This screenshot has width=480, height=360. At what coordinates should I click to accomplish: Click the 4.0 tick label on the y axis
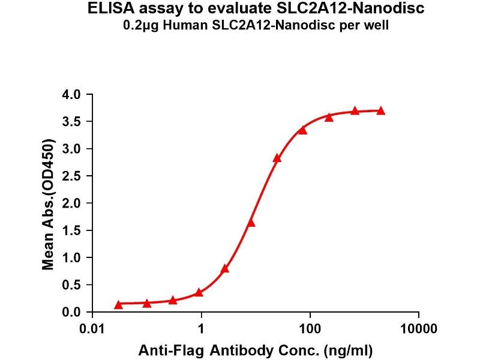[x=71, y=95]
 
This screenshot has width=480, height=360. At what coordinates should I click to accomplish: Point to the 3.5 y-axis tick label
[x=71, y=122]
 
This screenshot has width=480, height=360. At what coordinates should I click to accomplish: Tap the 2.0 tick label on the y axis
[x=71, y=203]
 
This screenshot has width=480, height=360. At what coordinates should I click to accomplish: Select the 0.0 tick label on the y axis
[x=71, y=312]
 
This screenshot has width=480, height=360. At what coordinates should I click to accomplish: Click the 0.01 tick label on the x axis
[x=94, y=329]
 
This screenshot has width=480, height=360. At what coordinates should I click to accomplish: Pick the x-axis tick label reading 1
[x=202, y=329]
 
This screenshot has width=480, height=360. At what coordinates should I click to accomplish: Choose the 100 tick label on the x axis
[x=310, y=329]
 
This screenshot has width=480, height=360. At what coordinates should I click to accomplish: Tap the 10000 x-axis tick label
[x=418, y=329]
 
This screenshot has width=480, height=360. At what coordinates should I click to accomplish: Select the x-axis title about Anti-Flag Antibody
[x=256, y=350]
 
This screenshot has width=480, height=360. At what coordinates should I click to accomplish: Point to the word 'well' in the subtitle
[x=378, y=25]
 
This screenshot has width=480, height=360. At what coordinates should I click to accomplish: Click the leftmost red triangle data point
[x=118, y=305]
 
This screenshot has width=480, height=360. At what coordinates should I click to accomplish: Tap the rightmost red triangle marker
[x=381, y=111]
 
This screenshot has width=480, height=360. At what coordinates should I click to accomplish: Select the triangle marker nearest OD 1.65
[x=251, y=223]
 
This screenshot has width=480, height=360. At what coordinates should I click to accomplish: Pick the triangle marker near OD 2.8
[x=277, y=158]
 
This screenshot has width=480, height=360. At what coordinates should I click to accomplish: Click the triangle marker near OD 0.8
[x=225, y=269]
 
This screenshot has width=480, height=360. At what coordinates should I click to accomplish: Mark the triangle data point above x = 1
[x=199, y=293]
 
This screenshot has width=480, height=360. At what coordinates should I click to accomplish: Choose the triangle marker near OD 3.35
[x=303, y=130]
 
